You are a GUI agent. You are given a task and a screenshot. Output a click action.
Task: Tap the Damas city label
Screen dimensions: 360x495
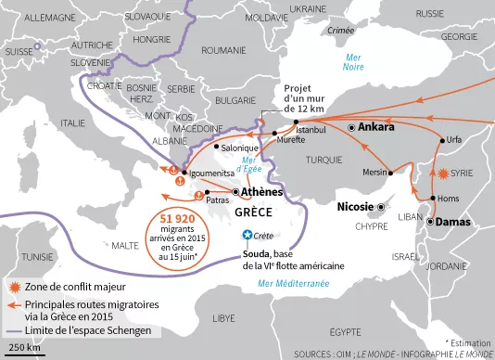pos(454,223)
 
